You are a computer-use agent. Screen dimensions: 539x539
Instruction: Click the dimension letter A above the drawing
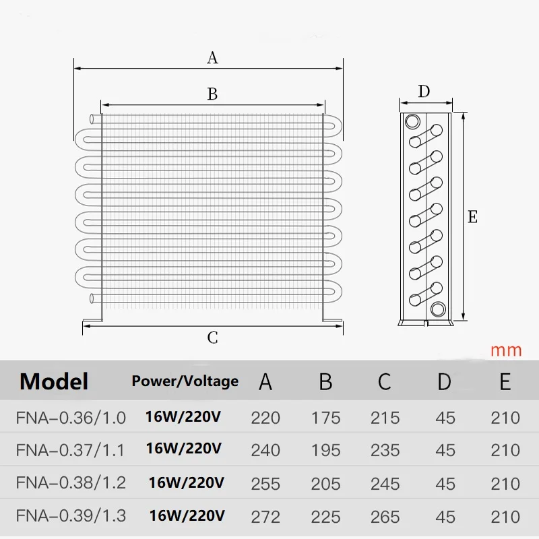pyautogui.click(x=212, y=58)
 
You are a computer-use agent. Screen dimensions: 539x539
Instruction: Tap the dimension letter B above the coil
pyautogui.click(x=212, y=94)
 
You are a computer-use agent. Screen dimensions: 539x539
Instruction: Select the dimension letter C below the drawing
pyautogui.click(x=212, y=338)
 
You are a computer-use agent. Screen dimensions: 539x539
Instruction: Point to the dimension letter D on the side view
pyautogui.click(x=424, y=92)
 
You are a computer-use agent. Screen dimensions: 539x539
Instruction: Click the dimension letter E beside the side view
pyautogui.click(x=473, y=217)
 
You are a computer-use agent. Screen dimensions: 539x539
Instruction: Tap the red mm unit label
pyautogui.click(x=506, y=350)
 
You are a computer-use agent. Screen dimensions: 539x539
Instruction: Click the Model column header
pyautogui.click(x=54, y=381)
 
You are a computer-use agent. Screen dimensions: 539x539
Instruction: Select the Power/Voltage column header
pyautogui.click(x=185, y=381)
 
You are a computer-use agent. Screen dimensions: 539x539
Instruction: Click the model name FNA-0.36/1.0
pyautogui.click(x=71, y=418)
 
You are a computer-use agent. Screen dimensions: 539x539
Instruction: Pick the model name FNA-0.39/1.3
pyautogui.click(x=71, y=516)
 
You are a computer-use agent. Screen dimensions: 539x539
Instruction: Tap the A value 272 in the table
pyautogui.click(x=265, y=517)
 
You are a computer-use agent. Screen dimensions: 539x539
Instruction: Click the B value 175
pyautogui.click(x=325, y=418)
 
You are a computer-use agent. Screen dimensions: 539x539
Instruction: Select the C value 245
pyautogui.click(x=385, y=484)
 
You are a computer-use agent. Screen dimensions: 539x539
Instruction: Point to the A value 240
pyautogui.click(x=265, y=450)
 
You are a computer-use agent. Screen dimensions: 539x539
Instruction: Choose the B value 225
pyautogui.click(x=325, y=517)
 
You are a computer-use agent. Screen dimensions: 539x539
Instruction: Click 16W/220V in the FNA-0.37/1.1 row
pyautogui.click(x=183, y=449)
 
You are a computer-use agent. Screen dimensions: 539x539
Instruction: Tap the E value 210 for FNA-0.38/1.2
pyautogui.click(x=505, y=484)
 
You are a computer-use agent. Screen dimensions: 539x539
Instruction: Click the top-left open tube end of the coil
pyautogui.click(x=92, y=119)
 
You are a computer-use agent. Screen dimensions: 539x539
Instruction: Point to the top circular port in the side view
pyautogui.click(x=412, y=121)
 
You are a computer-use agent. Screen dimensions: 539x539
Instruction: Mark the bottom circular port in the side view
pyautogui.click(x=438, y=309)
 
